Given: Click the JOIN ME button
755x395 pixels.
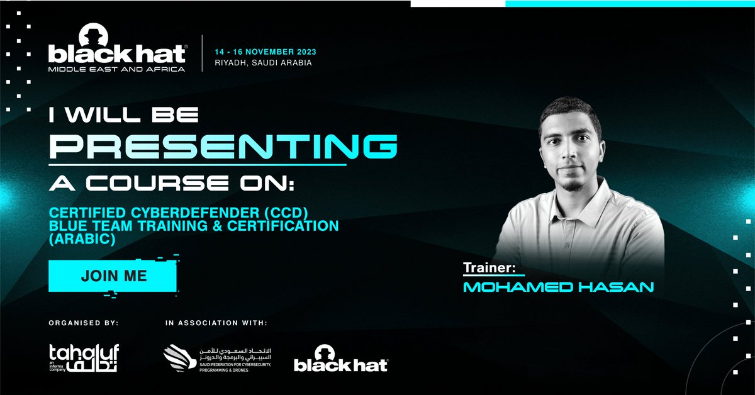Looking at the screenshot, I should click(113, 275).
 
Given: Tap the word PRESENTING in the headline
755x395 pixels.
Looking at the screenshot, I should click(223, 147).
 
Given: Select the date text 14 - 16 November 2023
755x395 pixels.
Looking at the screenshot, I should click(265, 52).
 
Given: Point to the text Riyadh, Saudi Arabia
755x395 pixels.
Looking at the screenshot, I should click(263, 64).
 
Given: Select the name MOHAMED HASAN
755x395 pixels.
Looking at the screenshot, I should click(558, 287).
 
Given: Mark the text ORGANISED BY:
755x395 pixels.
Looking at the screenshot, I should click(83, 323).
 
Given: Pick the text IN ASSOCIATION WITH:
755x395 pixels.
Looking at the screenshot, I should click(216, 323).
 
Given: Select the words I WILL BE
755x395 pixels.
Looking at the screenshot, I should click(124, 114).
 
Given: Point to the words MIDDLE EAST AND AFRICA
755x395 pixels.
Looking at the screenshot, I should click(116, 69).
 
